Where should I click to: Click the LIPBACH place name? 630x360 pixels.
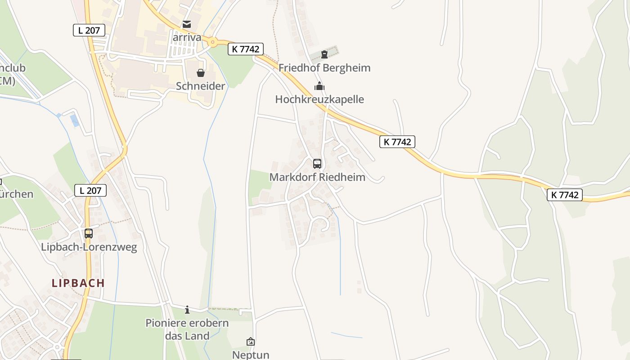pyautogui.click(x=78, y=283)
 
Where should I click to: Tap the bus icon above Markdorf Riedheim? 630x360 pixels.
pyautogui.click(x=317, y=164)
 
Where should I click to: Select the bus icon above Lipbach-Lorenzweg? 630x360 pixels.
pyautogui.click(x=89, y=234)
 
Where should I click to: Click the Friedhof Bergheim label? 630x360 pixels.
pyautogui.click(x=324, y=68)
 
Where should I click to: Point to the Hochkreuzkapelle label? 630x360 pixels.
pyautogui.click(x=319, y=99)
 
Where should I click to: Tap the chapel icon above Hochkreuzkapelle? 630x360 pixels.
pyautogui.click(x=319, y=86)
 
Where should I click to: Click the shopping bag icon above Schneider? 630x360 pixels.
pyautogui.click(x=201, y=73)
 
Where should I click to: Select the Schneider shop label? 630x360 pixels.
pyautogui.click(x=201, y=86)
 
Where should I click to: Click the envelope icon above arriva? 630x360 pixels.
pyautogui.click(x=187, y=24)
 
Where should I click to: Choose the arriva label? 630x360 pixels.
pyautogui.click(x=187, y=37)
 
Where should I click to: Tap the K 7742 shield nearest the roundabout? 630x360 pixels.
pyautogui.click(x=246, y=49)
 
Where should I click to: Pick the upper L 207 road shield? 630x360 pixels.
pyautogui.click(x=89, y=30)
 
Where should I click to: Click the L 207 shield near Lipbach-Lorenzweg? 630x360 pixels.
pyautogui.click(x=90, y=190)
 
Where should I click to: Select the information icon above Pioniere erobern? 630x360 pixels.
pyautogui.click(x=187, y=310)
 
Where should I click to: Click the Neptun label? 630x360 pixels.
pyautogui.click(x=251, y=355)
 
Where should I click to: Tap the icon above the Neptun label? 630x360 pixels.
pyautogui.click(x=251, y=342)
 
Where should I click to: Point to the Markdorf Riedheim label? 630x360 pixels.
pyautogui.click(x=317, y=177)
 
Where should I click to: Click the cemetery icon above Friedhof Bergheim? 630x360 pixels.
pyautogui.click(x=324, y=55)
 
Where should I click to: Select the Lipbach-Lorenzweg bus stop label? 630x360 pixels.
pyautogui.click(x=89, y=247)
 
